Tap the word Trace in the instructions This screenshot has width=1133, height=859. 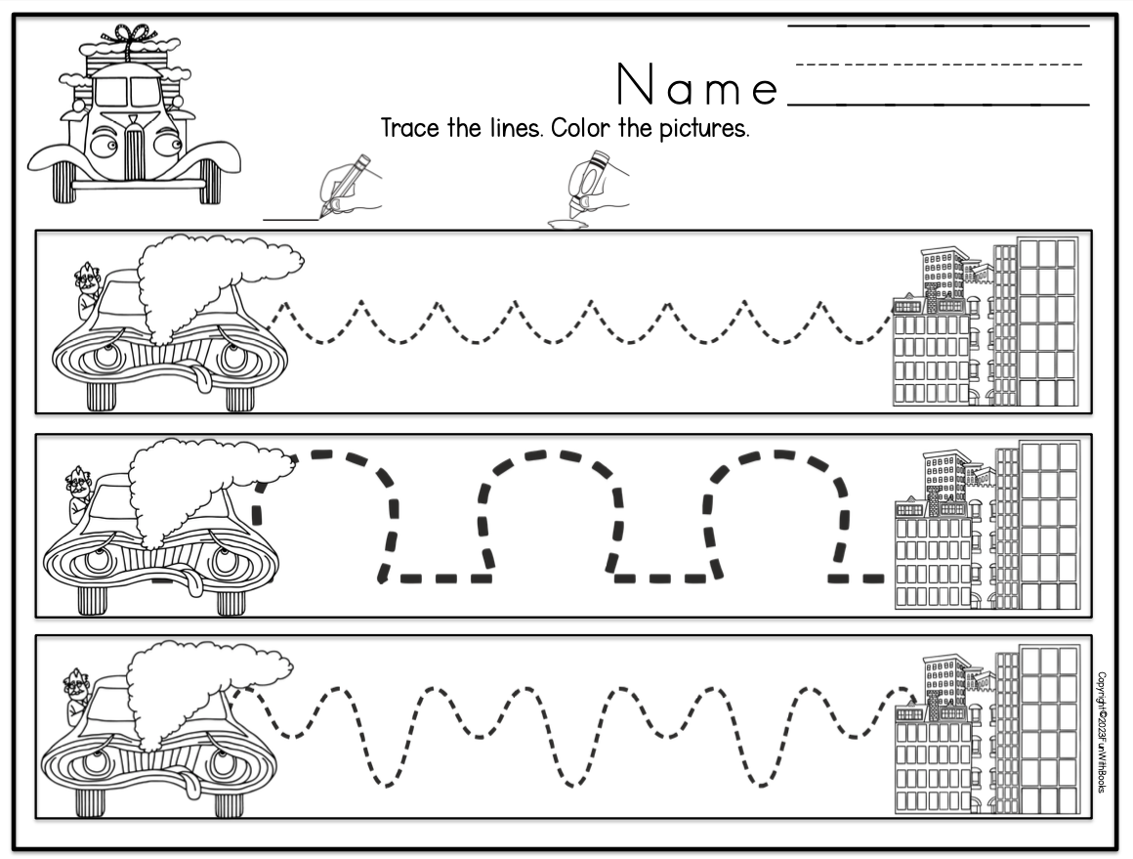click(x=410, y=129)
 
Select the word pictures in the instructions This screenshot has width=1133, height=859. click(x=701, y=130)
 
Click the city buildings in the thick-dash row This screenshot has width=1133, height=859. click(x=986, y=528)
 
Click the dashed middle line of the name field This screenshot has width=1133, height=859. click(x=938, y=65)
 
